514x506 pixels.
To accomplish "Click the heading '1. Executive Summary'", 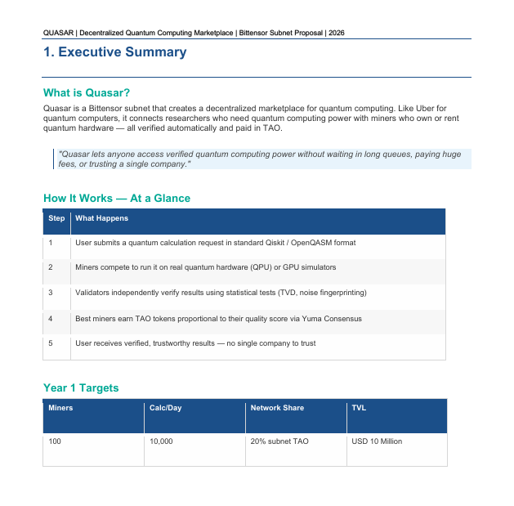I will point(114,53).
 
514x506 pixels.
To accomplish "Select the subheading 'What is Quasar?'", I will point(87,93).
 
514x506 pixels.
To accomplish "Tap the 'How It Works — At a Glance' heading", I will point(116,199).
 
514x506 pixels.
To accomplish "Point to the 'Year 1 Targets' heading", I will point(81,387).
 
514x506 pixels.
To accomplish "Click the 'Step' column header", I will point(56,218).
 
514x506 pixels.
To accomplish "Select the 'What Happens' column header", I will point(101,218).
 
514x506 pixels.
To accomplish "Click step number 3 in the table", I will point(51,293).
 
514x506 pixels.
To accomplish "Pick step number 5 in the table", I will point(51,343).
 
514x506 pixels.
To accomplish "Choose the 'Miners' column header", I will point(60,408).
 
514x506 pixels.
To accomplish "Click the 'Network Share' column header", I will point(276,408).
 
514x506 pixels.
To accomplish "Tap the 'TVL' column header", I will point(359,408).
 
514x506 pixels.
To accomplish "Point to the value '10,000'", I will point(161,441).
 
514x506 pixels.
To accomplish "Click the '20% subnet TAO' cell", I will point(278,441).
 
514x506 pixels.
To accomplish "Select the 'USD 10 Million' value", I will point(377,441).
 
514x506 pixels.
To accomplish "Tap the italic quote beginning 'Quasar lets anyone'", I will point(260,159).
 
